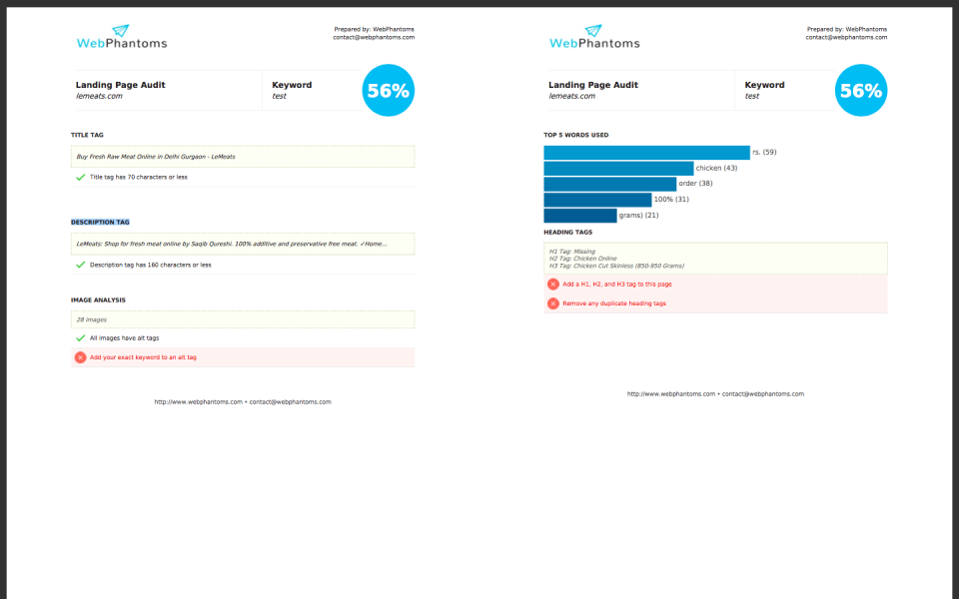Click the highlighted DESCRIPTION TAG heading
click(x=100, y=222)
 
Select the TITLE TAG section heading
click(x=87, y=134)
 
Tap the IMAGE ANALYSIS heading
click(x=98, y=299)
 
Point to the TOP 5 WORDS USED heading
click(x=575, y=134)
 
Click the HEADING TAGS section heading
click(x=567, y=232)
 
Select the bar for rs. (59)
click(x=646, y=152)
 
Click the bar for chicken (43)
click(x=618, y=168)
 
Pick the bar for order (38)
click(x=609, y=184)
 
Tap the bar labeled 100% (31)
click(x=597, y=200)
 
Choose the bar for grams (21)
click(x=579, y=216)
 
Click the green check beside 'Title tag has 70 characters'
click(x=80, y=177)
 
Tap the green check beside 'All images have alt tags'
click(x=80, y=338)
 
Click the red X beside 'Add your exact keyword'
click(x=80, y=357)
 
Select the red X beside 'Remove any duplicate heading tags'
click(x=552, y=303)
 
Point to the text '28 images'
click(x=93, y=319)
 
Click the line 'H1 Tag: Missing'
click(x=571, y=252)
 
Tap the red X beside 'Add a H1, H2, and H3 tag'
click(x=552, y=285)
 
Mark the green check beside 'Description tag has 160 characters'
click(x=80, y=265)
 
